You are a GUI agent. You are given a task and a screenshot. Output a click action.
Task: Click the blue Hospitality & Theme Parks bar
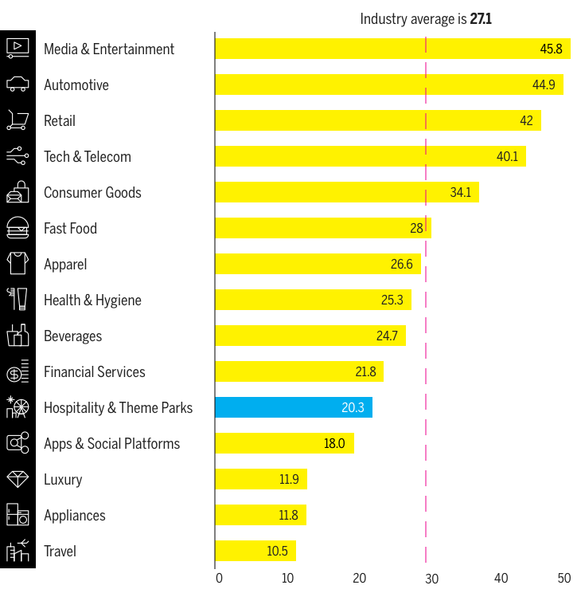294,407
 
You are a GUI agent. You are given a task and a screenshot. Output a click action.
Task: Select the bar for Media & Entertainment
392,49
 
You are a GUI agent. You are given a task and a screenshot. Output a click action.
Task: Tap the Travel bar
255,551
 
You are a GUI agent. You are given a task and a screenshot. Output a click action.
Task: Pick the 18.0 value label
334,444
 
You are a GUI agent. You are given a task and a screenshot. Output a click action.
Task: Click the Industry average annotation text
425,19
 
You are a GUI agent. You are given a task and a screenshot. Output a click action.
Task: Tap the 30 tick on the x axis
431,578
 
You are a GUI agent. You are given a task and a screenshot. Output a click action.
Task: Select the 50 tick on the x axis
563,578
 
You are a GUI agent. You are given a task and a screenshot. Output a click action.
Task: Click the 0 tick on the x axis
220,578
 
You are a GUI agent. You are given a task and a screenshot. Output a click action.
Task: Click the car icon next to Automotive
18,84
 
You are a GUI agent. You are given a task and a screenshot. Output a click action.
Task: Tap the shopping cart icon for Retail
18,120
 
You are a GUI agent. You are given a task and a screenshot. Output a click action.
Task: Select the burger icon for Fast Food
18,228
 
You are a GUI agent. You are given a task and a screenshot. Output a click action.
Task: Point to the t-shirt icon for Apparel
18,264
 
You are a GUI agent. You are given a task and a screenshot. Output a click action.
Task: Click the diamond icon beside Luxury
18,479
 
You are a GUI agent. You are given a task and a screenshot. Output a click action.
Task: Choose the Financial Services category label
95,372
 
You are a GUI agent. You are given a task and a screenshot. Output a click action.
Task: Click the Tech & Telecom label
87,157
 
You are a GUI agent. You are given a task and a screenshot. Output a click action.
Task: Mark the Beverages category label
72,336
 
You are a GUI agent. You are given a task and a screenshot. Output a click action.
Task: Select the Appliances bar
260,515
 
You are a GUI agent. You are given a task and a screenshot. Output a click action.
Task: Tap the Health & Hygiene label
92,300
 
